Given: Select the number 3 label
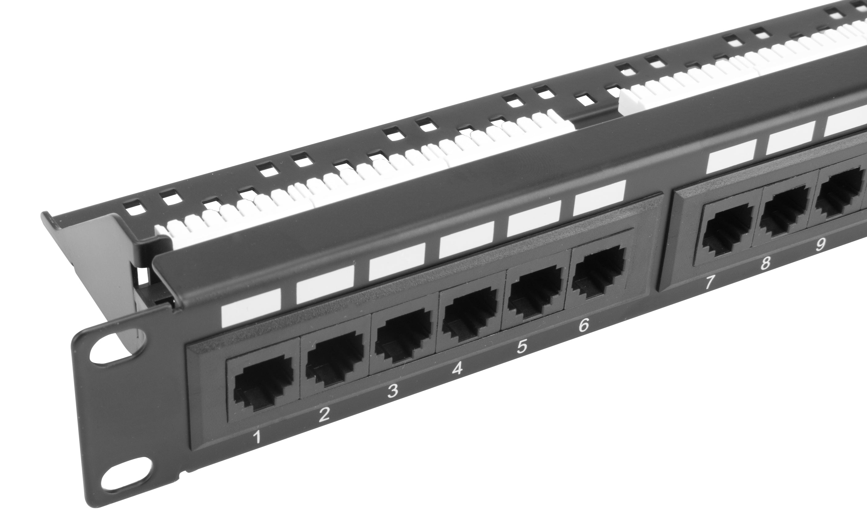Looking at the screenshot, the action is point(392,391).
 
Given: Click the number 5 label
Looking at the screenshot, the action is point(522,346).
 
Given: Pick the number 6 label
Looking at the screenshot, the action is point(583,325).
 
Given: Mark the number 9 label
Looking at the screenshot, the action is point(820,244).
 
